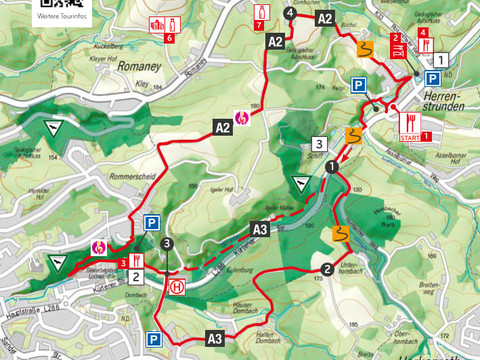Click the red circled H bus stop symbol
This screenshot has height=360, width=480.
point(177,286)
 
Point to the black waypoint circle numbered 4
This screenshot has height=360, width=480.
point(290,13)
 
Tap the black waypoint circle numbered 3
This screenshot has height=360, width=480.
point(167,243)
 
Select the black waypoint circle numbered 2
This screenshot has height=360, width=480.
point(327,268)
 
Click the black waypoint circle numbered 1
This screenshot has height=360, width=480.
point(331,169)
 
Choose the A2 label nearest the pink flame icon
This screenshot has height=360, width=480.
point(222,127)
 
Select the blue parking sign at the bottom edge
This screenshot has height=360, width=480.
point(157,339)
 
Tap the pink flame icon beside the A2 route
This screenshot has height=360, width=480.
point(241,117)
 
